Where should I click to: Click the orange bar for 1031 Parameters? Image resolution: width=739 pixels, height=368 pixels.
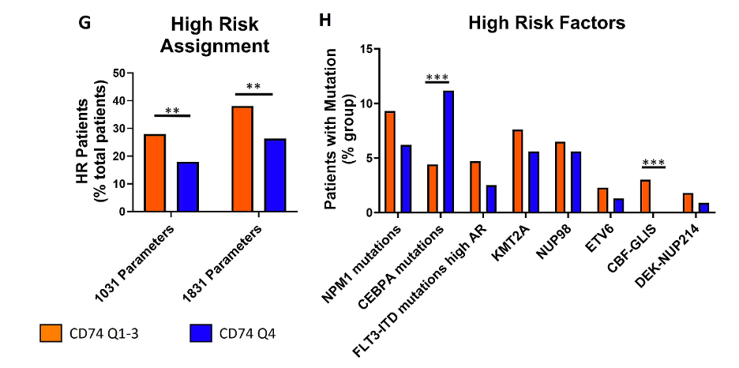click(155, 173)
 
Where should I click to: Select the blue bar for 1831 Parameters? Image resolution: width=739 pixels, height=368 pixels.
click(275, 175)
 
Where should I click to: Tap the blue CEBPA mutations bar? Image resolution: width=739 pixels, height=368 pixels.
click(448, 152)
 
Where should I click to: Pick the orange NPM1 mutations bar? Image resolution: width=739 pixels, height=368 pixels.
click(390, 162)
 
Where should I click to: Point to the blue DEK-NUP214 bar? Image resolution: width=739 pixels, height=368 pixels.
click(703, 208)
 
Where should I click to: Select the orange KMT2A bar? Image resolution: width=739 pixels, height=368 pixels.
click(517, 171)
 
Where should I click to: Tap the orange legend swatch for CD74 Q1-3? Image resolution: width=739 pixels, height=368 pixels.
click(51, 334)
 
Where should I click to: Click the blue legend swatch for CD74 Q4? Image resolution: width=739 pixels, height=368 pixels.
click(201, 334)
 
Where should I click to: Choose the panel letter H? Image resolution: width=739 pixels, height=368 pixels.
click(325, 21)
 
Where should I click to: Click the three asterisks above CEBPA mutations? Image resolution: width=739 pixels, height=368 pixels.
click(437, 77)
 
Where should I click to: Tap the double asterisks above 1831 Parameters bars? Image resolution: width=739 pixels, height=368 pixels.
click(253, 87)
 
